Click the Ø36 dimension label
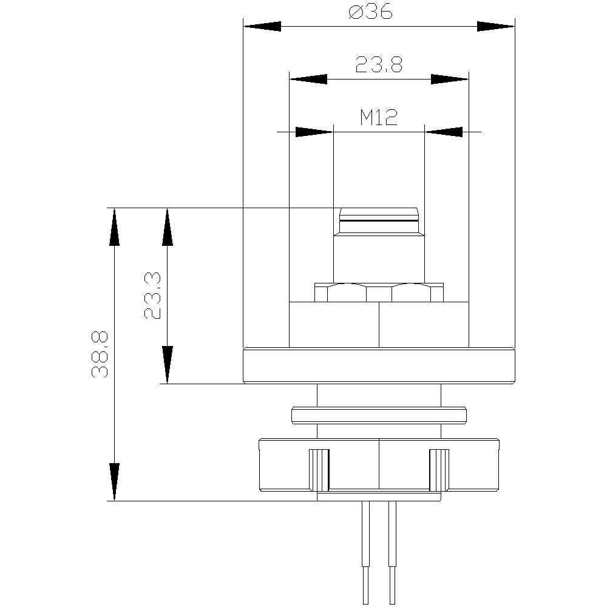(x=370, y=12)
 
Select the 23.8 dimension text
(x=379, y=64)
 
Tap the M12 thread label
(x=379, y=117)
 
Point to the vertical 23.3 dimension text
(x=152, y=296)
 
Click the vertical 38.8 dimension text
(x=100, y=354)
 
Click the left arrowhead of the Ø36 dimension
(x=262, y=26)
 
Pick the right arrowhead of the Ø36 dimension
(x=496, y=26)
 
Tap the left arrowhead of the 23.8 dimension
(x=308, y=80)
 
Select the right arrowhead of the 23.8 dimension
(x=450, y=80)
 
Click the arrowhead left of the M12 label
(x=314, y=132)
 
